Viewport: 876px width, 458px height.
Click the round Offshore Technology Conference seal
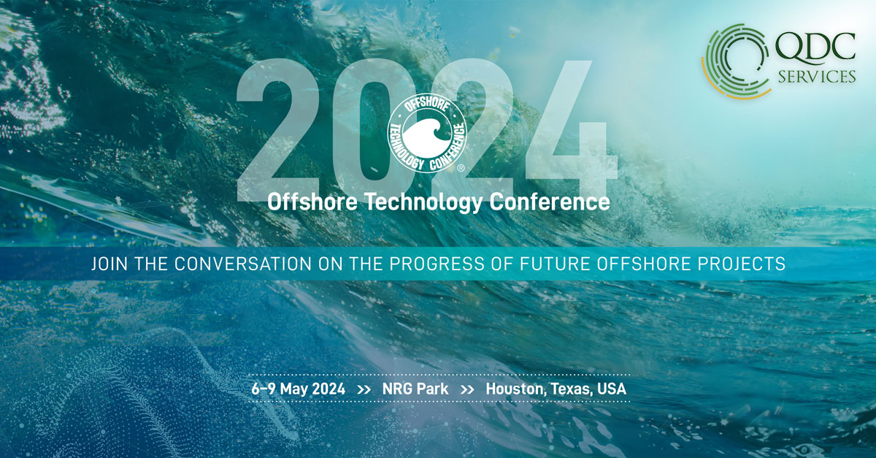[427, 134]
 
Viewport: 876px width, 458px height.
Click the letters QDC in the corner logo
[815, 50]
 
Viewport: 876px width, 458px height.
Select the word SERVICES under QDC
[817, 76]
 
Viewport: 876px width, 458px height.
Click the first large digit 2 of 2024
[277, 129]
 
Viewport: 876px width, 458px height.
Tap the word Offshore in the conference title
[312, 202]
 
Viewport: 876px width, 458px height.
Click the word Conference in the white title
[550, 202]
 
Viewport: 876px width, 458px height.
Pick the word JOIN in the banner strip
[109, 264]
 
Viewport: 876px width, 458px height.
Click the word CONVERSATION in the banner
[242, 264]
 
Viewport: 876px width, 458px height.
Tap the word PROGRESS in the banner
[437, 264]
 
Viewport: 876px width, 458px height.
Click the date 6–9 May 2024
[299, 389]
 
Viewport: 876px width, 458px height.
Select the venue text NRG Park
[415, 389]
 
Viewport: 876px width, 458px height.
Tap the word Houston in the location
[516, 389]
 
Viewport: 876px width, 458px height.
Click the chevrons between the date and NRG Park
[364, 390]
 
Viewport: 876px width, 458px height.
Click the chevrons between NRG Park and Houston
[467, 390]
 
